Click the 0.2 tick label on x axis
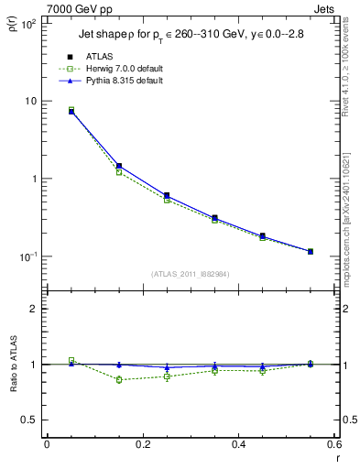tap(143, 444)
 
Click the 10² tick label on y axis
tap(28, 24)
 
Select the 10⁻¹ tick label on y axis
tap(28, 256)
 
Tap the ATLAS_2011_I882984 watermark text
tap(190, 274)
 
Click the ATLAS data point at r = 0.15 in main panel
tap(119, 166)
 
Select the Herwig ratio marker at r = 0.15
tap(119, 379)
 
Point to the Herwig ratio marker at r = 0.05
tap(71, 360)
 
